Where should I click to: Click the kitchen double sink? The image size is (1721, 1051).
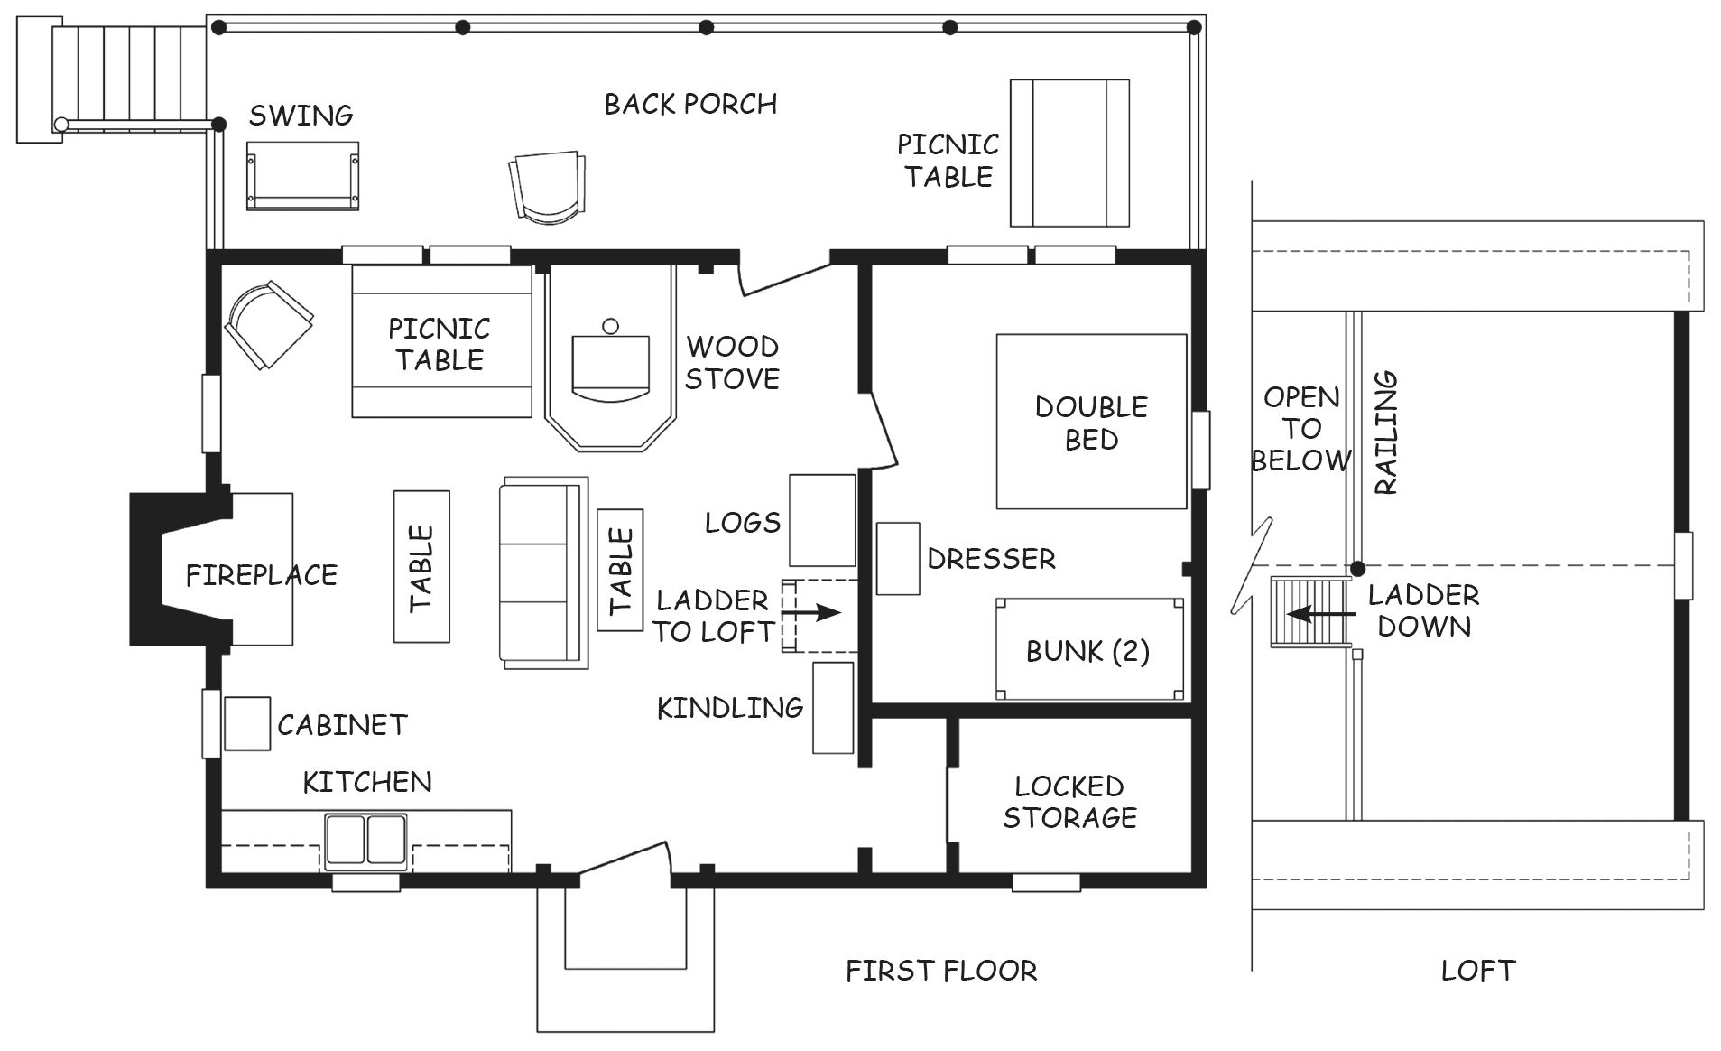coord(365,841)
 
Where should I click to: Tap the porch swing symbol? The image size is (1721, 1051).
coord(302,176)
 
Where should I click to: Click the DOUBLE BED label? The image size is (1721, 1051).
coord(1091,423)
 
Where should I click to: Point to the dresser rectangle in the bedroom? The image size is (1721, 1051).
coord(898,558)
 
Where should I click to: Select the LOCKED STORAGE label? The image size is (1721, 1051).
coord(1069,802)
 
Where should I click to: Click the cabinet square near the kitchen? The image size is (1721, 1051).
coord(247,723)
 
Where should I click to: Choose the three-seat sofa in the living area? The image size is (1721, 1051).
coord(544,573)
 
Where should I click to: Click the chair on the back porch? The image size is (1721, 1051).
coord(546,187)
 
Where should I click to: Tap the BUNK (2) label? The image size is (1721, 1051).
coord(1087,651)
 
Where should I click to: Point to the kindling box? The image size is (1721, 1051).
coord(833,707)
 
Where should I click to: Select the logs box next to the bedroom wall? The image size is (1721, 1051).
coord(822,520)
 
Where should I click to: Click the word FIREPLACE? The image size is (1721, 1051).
coord(262,575)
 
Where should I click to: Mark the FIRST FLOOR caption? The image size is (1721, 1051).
coord(941,971)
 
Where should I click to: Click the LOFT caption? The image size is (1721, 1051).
coord(1478,971)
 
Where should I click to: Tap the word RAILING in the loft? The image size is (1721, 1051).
coord(1385,432)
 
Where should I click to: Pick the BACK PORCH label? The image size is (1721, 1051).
coord(690,104)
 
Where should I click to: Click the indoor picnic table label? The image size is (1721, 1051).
coord(440,344)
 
